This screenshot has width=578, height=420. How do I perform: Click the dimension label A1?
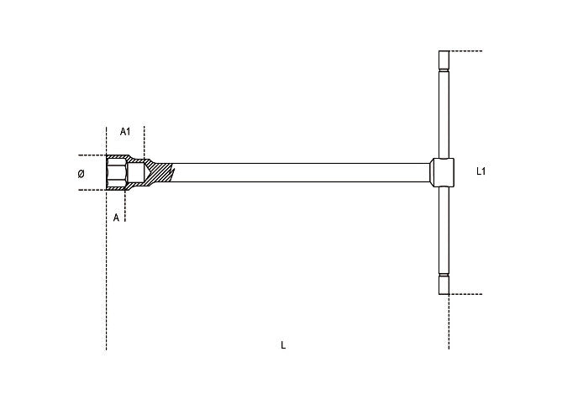pos(125,132)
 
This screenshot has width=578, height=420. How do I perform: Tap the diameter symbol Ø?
pos(81,174)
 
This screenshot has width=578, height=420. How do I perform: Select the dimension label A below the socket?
pos(116,218)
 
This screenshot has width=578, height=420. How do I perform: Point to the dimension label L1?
pos(481,171)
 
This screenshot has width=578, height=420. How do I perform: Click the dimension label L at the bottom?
pos(283,345)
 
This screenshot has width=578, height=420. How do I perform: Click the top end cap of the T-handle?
pos(444,60)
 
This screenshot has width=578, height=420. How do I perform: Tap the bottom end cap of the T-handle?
pos(444,285)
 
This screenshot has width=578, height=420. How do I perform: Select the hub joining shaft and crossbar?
pos(443,172)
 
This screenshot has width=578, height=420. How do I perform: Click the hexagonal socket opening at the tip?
pos(117,172)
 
